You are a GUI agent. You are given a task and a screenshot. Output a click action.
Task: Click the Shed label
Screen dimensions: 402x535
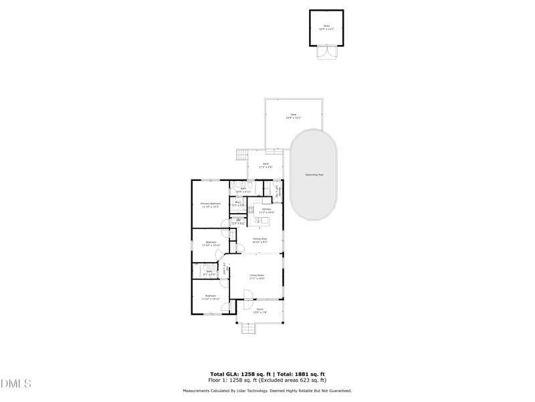click(x=326, y=27)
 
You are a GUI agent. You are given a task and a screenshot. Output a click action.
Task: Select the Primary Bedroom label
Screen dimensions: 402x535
click(x=211, y=204)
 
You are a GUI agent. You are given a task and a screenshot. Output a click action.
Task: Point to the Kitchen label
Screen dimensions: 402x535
click(x=266, y=210)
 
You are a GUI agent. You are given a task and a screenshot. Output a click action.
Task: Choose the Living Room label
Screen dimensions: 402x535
click(x=257, y=276)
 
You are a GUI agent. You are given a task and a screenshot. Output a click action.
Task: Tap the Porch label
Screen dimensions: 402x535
click(x=259, y=310)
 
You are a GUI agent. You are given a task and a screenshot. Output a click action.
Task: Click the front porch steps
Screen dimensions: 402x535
click(x=248, y=328)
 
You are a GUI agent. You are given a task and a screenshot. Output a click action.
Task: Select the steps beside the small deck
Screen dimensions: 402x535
click(x=241, y=155)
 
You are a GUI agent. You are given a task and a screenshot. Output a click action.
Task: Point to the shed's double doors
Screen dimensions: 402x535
click(x=326, y=52)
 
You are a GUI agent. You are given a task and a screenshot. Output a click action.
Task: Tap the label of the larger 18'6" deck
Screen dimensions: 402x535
click(x=293, y=116)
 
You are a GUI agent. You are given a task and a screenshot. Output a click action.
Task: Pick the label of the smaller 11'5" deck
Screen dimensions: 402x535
click(x=265, y=165)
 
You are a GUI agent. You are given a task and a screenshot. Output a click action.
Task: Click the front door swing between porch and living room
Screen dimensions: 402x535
click(x=247, y=295)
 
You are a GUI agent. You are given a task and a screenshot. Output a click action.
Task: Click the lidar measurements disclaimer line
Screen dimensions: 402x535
click(x=267, y=391)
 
